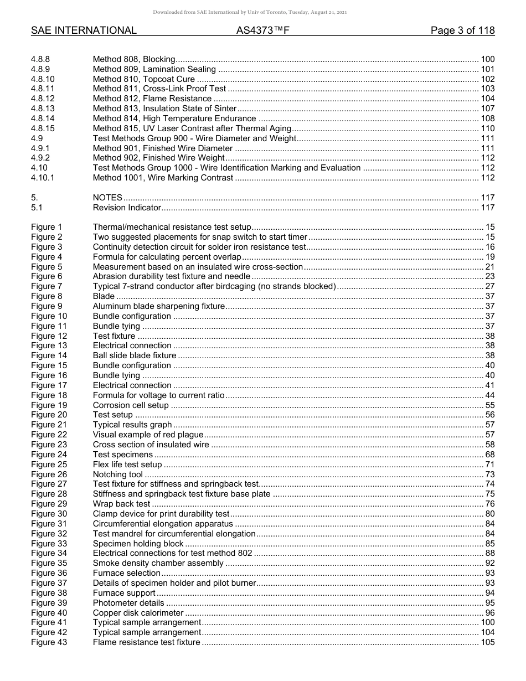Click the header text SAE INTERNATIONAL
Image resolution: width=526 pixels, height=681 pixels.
[84, 31]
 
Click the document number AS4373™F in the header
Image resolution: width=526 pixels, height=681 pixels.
[263, 31]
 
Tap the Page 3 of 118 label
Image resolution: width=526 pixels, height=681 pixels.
[462, 31]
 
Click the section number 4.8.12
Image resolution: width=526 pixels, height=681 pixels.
[43, 99]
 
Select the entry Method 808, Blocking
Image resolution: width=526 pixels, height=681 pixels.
[134, 59]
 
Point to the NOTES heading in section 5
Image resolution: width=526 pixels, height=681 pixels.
[107, 198]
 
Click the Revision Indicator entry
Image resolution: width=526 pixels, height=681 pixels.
[127, 208]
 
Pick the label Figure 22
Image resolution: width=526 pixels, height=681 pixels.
[49, 435]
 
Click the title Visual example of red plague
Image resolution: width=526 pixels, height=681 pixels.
[148, 435]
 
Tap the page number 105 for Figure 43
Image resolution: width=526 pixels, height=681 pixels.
[487, 642]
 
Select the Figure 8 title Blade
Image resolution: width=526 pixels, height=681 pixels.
[104, 296]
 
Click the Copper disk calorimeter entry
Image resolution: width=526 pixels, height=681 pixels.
[138, 613]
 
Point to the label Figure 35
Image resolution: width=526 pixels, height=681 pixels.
[49, 563]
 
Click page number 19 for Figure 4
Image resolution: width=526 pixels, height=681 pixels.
[489, 257]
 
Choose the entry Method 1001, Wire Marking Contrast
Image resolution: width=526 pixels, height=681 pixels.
[163, 178]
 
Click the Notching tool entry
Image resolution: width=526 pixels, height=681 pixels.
[117, 474]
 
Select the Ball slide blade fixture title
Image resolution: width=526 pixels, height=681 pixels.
[135, 355]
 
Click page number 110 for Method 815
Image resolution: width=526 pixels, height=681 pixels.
[487, 128]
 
